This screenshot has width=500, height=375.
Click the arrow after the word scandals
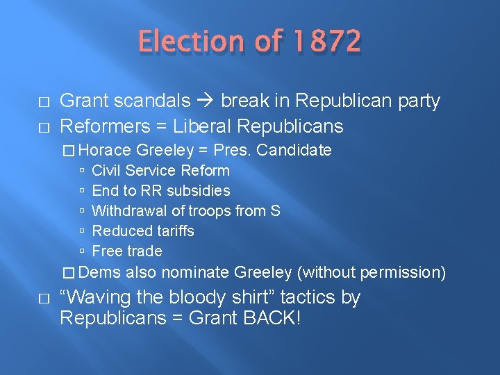[x=205, y=101]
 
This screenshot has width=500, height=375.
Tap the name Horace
[x=110, y=150]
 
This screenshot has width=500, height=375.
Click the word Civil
[x=106, y=170]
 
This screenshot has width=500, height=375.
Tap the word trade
[x=144, y=251]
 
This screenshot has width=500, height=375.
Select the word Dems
[x=104, y=272]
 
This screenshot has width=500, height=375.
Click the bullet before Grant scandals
[x=44, y=101]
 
